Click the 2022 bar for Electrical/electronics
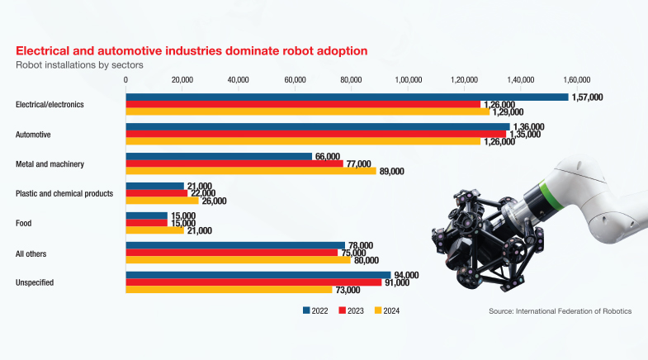pyautogui.click(x=347, y=97)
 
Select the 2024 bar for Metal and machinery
pyautogui.click(x=251, y=171)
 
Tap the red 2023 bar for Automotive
pyautogui.click(x=315, y=134)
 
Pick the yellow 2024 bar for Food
pyautogui.click(x=154, y=230)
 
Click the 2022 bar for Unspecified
pyautogui.click(x=258, y=275)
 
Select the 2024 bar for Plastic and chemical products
pyautogui.click(x=162, y=201)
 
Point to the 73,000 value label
pyautogui.click(x=347, y=290)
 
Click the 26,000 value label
pyautogui.click(x=214, y=201)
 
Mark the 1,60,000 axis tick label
pyautogui.click(x=578, y=80)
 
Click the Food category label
pyautogui.click(x=26, y=223)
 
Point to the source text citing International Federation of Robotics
pyautogui.click(x=560, y=311)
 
